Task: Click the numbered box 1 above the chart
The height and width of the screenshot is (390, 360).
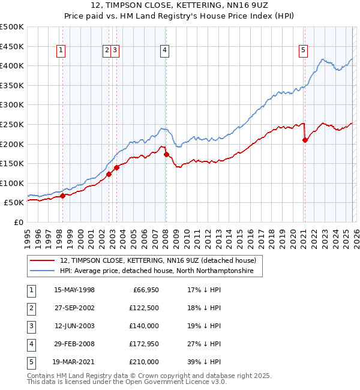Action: [62, 51]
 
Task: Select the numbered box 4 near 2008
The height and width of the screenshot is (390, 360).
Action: [164, 51]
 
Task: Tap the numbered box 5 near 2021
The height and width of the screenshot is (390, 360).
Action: [304, 51]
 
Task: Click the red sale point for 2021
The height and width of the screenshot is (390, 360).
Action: [305, 140]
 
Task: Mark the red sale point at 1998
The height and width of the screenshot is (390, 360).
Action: [62, 196]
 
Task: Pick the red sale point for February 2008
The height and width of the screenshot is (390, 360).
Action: [166, 154]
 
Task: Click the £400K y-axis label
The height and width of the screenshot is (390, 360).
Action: [13, 65]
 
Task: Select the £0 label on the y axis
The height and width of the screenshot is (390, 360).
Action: [19, 223]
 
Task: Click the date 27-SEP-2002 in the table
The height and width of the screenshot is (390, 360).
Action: [74, 308]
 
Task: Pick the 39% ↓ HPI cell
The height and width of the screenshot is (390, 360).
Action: [203, 362]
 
